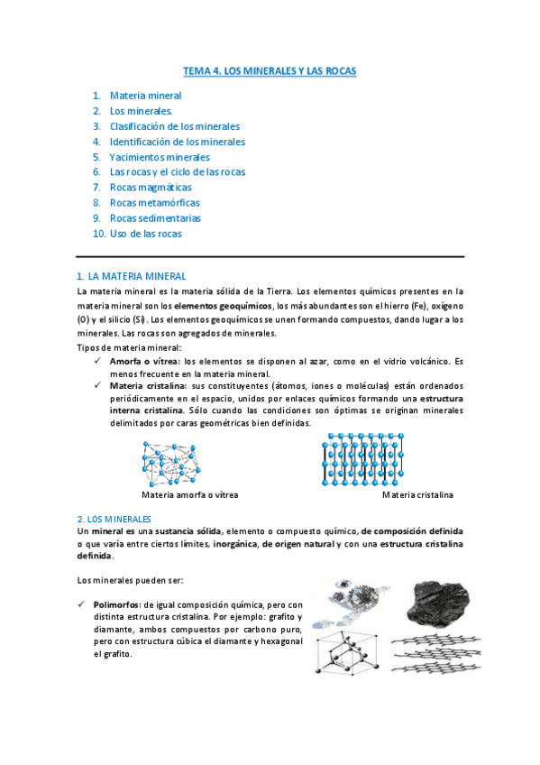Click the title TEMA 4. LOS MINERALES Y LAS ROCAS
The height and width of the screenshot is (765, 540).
click(269, 70)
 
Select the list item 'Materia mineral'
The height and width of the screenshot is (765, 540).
click(145, 96)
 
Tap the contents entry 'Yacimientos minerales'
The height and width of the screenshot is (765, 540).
click(160, 157)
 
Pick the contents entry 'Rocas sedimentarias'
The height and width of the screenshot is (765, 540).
click(155, 218)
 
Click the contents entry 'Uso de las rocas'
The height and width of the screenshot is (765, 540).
click(145, 234)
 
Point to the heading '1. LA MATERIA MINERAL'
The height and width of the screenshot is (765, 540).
click(131, 276)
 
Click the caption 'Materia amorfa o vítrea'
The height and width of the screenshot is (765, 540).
click(190, 495)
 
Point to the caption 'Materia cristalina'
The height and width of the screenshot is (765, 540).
click(417, 495)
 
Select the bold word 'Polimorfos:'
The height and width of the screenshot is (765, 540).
click(119, 604)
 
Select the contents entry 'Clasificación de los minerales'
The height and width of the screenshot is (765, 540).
click(175, 126)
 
